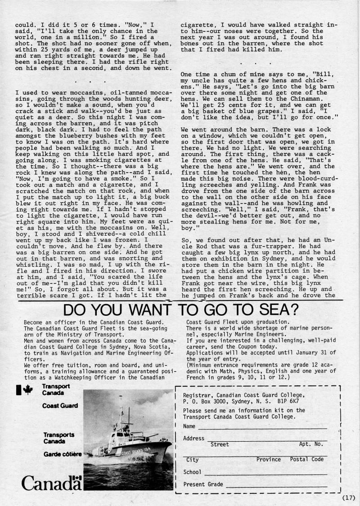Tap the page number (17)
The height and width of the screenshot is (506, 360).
tap(349, 497)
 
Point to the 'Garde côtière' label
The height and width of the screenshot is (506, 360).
tap(63, 454)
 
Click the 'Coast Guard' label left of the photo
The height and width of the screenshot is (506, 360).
tap(60, 406)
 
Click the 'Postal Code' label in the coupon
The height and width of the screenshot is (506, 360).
tap(307, 459)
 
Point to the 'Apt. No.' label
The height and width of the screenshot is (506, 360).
tap(311, 444)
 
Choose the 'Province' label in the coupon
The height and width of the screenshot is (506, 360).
tap(269, 459)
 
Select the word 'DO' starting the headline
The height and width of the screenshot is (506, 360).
tap(76, 310)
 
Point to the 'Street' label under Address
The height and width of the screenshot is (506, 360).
tap(220, 444)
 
